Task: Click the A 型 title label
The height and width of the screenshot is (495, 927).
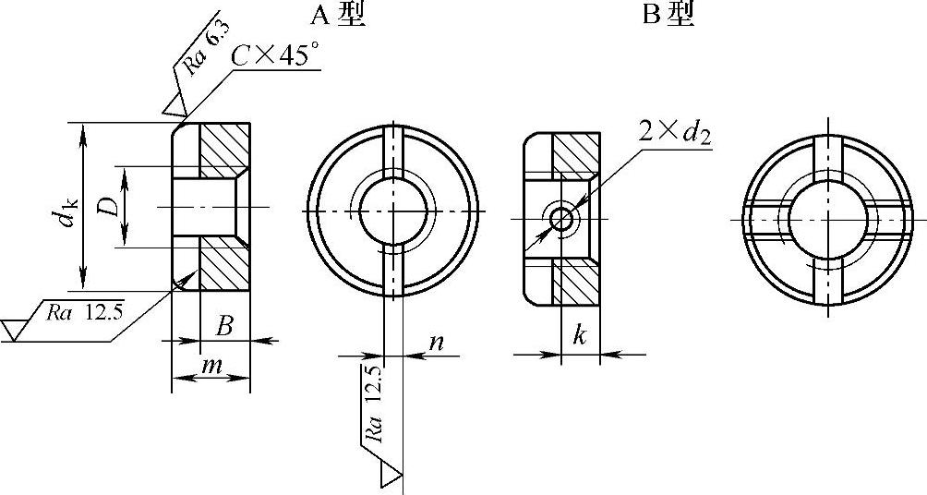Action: click(x=338, y=14)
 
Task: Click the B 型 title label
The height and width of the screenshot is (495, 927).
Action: click(x=668, y=14)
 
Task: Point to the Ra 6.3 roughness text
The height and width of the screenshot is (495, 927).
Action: click(x=207, y=47)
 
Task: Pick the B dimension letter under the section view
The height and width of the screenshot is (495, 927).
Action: click(x=223, y=326)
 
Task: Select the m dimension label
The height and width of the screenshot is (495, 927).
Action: click(x=211, y=366)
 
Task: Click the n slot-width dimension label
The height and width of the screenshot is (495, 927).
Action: click(x=436, y=343)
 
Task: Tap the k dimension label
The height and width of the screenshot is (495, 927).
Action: click(x=580, y=335)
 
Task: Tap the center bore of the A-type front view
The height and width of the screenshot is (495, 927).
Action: click(x=392, y=211)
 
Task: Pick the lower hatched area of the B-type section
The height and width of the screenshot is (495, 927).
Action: click(x=576, y=281)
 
